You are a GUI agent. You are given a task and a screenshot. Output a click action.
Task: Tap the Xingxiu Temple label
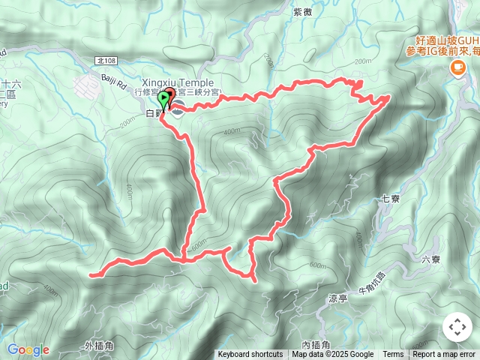(x=177, y=82)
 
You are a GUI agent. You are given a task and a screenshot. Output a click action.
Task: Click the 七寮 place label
(x=389, y=199)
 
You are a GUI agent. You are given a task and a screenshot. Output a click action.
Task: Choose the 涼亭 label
(x=338, y=298)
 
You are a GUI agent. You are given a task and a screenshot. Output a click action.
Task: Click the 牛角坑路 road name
(x=370, y=283)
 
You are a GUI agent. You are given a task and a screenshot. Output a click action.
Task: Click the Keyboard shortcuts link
(x=250, y=355)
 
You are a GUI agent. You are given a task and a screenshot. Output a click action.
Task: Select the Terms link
(x=393, y=355)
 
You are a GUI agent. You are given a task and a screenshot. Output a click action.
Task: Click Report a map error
(x=445, y=355)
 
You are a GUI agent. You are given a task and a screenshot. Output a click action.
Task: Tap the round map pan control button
(x=457, y=327)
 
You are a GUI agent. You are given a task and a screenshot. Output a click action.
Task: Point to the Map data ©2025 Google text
(x=333, y=355)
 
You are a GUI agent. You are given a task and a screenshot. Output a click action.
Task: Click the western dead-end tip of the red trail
(x=91, y=275)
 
